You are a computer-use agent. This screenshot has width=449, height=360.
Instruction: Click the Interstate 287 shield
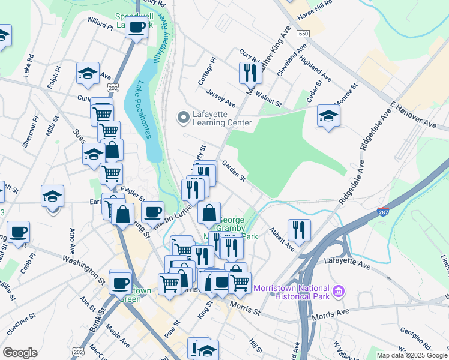pos(382,212)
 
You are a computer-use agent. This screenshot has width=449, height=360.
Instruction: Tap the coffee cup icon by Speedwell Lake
pos(137,27)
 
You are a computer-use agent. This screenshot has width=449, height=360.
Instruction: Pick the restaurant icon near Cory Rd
pos(249,73)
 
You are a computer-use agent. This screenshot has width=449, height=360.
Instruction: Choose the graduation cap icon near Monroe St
pos(328,116)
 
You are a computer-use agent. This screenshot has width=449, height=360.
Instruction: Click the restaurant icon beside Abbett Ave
pos(299,229)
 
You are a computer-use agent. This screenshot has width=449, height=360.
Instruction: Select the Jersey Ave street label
pos(220,100)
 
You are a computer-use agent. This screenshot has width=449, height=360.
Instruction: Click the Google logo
pos(20,353)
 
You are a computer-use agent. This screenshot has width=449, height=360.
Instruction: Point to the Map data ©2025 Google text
pos(412,355)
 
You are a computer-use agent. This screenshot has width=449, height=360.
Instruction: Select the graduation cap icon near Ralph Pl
pos(88,74)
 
